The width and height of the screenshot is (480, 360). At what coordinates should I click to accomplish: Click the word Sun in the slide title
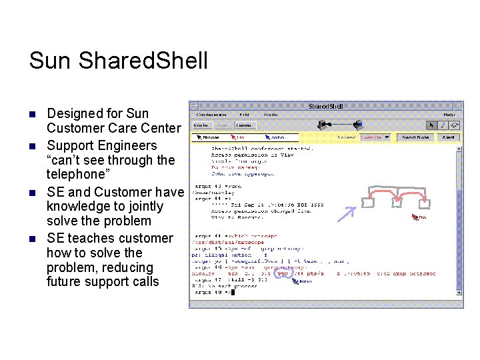50,61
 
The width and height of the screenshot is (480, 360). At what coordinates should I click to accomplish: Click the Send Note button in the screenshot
415,137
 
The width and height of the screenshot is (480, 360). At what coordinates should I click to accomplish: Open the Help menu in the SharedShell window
450,115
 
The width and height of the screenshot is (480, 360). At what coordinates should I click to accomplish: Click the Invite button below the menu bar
201,125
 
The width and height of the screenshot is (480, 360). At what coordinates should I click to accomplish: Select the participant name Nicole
209,137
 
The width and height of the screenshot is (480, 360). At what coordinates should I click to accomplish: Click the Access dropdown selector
375,137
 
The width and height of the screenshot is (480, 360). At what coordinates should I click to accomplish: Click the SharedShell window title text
326,106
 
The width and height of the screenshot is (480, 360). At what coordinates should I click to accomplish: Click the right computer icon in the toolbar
359,125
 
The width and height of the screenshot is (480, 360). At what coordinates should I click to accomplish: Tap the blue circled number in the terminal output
283,273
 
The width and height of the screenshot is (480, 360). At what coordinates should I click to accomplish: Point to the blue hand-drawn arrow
346,213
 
